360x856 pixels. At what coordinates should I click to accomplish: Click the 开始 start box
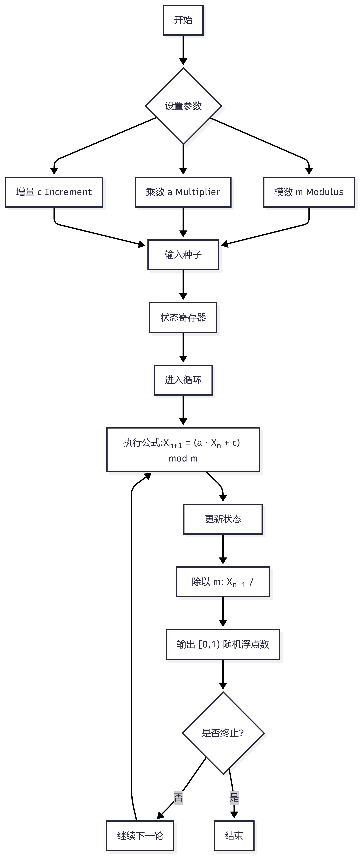point(183,20)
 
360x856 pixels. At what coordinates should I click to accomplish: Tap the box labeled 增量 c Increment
point(54,192)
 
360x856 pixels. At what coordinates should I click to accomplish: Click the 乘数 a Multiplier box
point(183,192)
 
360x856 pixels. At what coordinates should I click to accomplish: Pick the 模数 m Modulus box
point(309,192)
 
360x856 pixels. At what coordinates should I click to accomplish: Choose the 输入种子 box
point(183,254)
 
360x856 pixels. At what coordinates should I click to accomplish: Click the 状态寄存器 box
point(183,317)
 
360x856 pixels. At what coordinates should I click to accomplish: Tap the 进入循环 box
point(183,380)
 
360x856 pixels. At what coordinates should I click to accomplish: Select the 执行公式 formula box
point(183,450)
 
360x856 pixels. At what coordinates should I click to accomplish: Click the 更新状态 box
point(223,519)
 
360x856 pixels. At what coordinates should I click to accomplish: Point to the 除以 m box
point(223,582)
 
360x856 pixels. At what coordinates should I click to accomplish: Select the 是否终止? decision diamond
point(223,733)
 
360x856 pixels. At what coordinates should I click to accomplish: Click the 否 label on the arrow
point(178,797)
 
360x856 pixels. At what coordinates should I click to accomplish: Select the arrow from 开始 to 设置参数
point(183,50)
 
